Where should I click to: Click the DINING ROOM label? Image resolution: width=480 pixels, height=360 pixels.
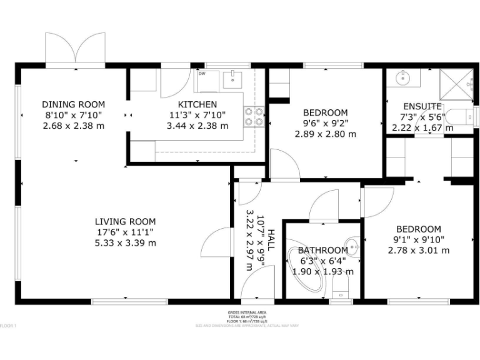click(73, 104)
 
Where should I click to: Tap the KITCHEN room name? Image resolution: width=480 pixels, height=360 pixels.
click(197, 104)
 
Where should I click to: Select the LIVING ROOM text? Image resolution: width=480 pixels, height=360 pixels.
click(125, 221)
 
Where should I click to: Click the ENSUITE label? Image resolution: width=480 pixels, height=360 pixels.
click(422, 106)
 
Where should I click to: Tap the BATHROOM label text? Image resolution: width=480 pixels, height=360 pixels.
click(322, 250)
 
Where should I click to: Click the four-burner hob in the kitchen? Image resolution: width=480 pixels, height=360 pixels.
click(253, 117)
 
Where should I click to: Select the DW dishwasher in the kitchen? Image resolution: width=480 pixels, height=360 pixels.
click(206, 80)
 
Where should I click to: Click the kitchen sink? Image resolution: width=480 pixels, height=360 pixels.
click(232, 79)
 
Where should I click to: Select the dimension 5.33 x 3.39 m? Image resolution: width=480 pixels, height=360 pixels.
click(125, 242)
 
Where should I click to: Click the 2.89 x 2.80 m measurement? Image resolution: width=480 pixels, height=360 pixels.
click(325, 134)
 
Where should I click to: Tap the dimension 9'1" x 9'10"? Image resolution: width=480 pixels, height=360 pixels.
click(418, 240)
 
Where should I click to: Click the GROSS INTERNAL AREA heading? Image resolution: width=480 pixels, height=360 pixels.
click(247, 312)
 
